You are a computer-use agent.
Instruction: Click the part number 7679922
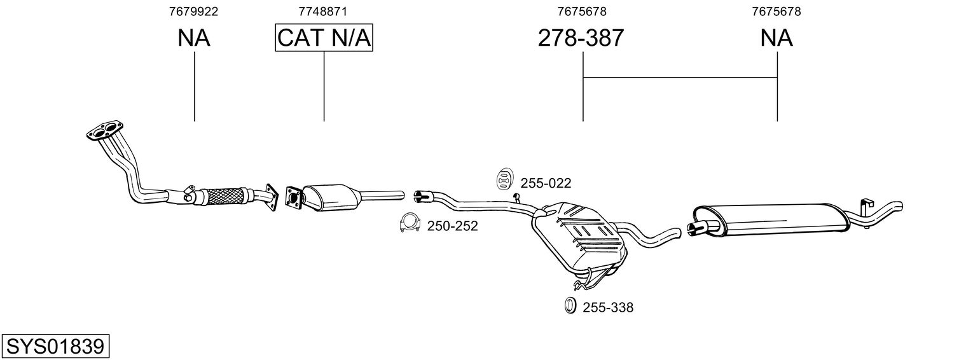(193, 11)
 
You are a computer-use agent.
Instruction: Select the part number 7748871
(322, 11)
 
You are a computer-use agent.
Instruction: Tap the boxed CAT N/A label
(324, 38)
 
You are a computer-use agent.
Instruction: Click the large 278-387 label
(581, 38)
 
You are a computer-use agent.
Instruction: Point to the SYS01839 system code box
(55, 347)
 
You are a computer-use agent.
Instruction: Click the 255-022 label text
(546, 183)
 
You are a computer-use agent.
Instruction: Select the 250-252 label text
(452, 226)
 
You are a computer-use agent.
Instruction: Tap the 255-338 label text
(608, 307)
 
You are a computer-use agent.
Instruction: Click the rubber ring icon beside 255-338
(570, 306)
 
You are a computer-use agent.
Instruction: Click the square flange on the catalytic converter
(294, 199)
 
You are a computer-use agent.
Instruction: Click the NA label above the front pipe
(194, 38)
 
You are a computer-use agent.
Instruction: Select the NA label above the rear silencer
(776, 38)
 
